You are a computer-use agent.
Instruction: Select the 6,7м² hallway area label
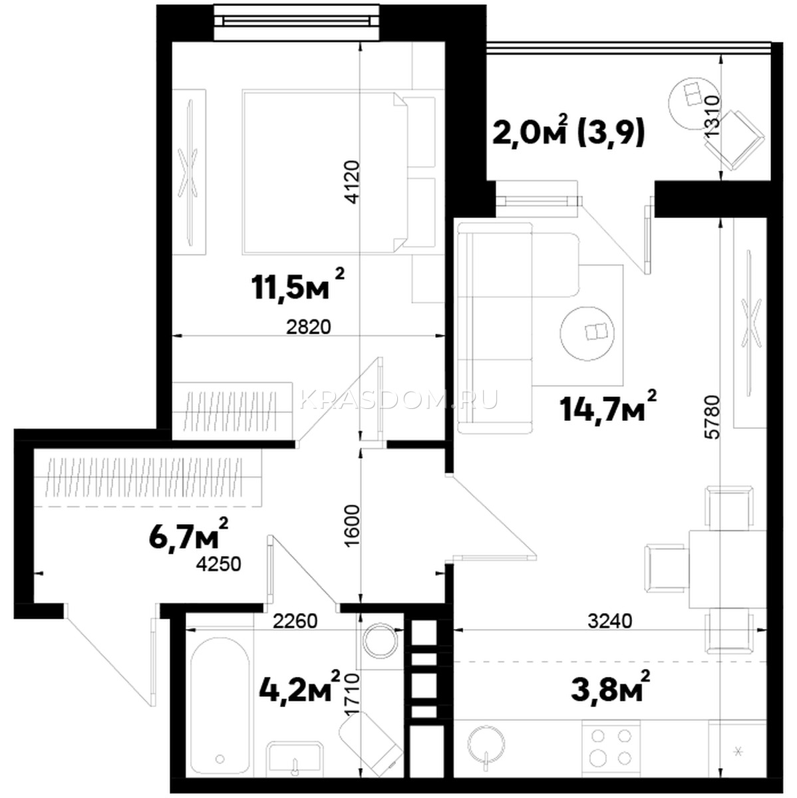click(188, 534)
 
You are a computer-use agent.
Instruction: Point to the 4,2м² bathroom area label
click(299, 688)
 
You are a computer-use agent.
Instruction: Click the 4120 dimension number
click(353, 182)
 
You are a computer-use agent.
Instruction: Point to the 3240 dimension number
click(610, 620)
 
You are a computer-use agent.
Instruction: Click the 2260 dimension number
click(295, 620)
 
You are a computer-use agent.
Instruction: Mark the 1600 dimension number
click(353, 526)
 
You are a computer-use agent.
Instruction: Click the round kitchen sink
click(486, 743)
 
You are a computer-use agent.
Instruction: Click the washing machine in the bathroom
click(380, 640)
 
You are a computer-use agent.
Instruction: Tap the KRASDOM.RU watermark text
click(398, 400)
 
